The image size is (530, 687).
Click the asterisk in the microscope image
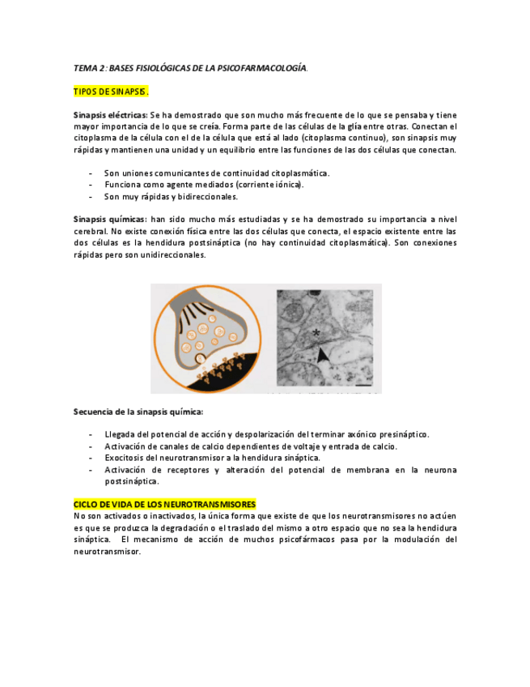tap(316, 333)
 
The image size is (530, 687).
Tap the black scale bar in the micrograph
tap(369, 387)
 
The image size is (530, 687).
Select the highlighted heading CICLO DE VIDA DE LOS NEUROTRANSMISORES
tap(165, 504)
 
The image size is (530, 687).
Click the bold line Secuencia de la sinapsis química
tap(139, 412)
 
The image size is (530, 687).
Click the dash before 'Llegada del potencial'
tap(89, 435)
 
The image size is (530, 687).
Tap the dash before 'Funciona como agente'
tap(89, 185)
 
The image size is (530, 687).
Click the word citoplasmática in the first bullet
tap(299, 173)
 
